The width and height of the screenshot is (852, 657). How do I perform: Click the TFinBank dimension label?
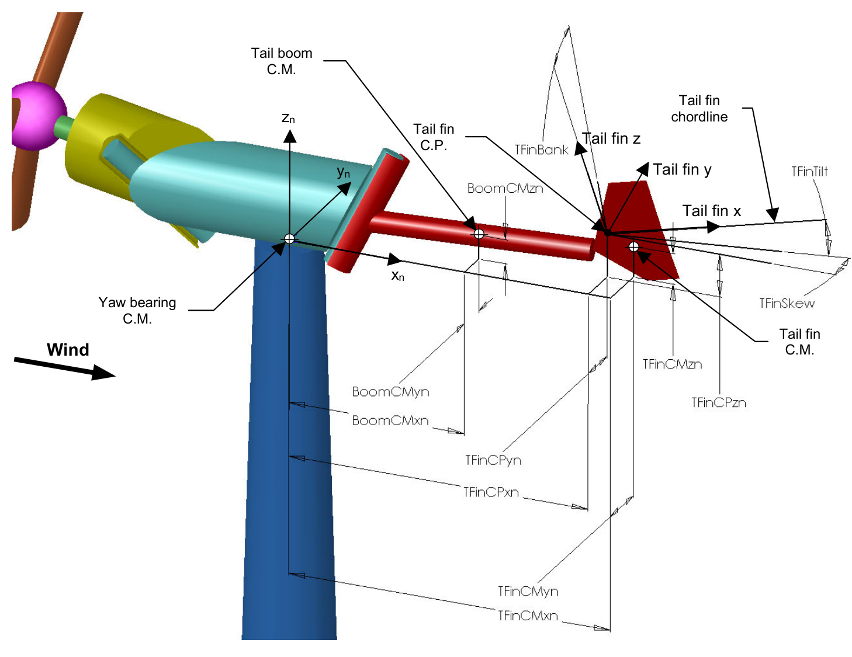[541, 150]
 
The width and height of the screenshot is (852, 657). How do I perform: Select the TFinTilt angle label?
[809, 172]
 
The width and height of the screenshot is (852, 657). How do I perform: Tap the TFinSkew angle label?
[787, 304]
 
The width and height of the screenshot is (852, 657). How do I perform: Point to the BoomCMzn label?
[505, 189]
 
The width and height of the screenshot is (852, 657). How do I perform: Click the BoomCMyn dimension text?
[390, 392]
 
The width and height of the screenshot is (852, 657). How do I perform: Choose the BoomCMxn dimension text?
[390, 421]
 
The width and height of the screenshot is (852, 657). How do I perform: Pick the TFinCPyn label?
[493, 461]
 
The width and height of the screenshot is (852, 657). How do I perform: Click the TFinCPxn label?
[491, 493]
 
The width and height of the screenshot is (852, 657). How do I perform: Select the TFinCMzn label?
[672, 364]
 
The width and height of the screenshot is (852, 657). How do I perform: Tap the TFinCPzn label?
[718, 403]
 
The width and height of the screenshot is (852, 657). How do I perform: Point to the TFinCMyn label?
[528, 592]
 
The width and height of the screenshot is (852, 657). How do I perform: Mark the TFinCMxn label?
[528, 616]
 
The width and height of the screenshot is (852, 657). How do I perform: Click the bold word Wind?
[68, 350]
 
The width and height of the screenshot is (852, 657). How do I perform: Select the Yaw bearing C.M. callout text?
[137, 311]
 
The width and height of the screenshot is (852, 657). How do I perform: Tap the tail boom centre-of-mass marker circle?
[479, 234]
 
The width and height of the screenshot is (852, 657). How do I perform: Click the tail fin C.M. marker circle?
[634, 247]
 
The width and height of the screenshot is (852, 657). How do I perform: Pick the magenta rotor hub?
[39, 116]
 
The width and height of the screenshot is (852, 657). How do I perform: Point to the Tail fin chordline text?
[699, 109]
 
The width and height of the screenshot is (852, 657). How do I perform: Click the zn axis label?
[288, 119]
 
